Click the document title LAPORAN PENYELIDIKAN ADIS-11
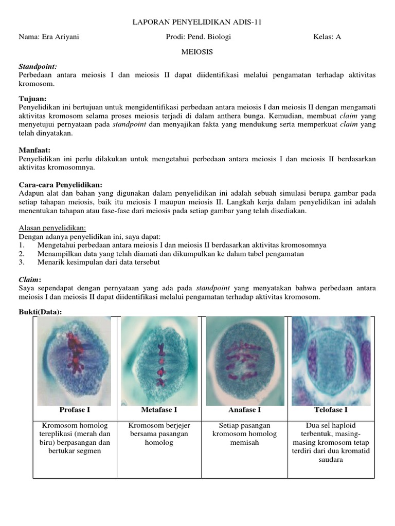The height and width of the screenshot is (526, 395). [x=197, y=22]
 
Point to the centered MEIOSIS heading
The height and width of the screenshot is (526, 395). [x=197, y=52]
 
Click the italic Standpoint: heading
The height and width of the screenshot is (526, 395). [x=38, y=67]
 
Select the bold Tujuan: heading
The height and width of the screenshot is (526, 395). [x=32, y=98]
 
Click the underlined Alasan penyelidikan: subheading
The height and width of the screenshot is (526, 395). [x=52, y=228]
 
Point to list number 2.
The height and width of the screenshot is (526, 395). [x=22, y=254]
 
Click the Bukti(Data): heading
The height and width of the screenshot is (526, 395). [x=40, y=312]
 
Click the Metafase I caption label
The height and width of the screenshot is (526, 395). [x=159, y=410]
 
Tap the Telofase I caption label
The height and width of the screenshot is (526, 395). [x=331, y=410]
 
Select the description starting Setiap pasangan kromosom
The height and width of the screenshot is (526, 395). [x=244, y=434]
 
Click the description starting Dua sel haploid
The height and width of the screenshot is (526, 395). [x=331, y=442]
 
